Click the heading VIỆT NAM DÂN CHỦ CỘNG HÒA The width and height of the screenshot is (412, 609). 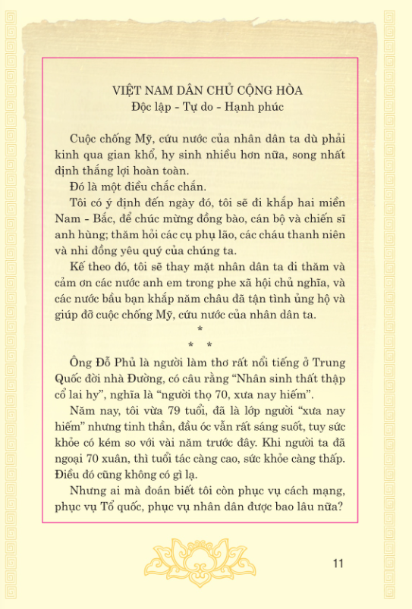pyautogui.click(x=206, y=90)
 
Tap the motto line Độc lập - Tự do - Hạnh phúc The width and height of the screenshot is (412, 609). pyautogui.click(x=206, y=106)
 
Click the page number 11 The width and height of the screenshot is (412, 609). pyautogui.click(x=338, y=563)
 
